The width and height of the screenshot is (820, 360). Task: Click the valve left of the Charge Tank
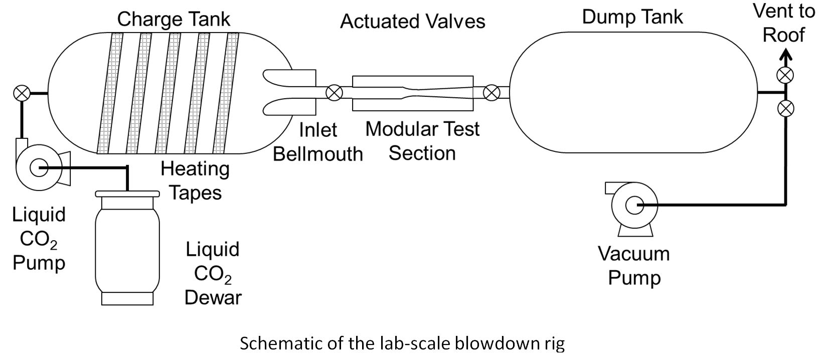22,93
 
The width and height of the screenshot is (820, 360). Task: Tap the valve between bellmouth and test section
334,93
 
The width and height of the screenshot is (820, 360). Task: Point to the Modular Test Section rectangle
413,93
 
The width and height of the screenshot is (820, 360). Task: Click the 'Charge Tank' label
174,20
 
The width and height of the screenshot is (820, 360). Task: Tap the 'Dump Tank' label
632,17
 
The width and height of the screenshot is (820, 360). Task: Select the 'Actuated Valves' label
413,22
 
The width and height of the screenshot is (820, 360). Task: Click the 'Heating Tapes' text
195,181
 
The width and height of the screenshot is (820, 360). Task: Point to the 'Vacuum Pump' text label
634,266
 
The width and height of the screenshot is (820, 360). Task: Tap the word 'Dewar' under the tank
213,297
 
